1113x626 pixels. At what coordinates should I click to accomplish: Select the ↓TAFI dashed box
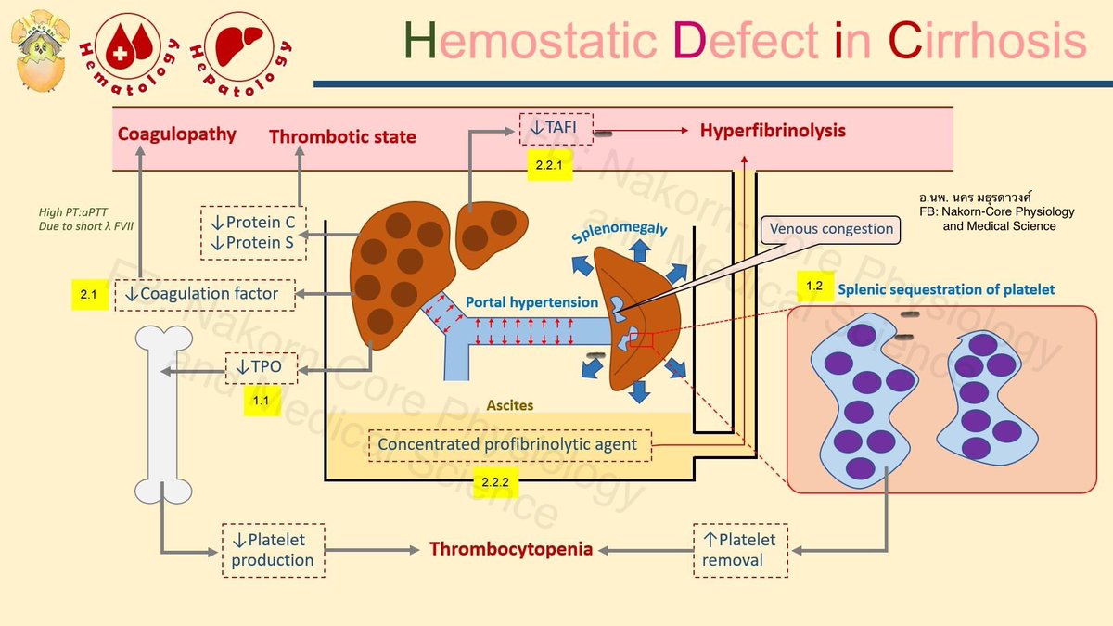pos(555,129)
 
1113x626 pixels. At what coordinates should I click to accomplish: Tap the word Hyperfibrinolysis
pos(773,131)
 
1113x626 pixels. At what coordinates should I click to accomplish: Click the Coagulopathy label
pos(176,134)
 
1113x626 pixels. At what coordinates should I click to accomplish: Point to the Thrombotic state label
pos(342,137)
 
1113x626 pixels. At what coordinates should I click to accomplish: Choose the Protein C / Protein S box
pos(253,232)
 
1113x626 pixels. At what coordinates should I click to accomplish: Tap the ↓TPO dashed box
pos(262,367)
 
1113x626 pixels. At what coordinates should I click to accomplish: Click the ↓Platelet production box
pos(273,550)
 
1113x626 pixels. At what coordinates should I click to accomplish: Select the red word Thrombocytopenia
pos(510,549)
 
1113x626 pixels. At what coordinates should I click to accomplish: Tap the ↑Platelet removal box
pos(740,550)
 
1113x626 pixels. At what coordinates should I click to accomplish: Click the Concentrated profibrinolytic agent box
pos(507,444)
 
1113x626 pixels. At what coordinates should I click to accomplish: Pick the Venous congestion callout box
pos(830,229)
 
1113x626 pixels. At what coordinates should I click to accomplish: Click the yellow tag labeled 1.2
pos(813,287)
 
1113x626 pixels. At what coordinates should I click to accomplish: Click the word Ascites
pos(510,406)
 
